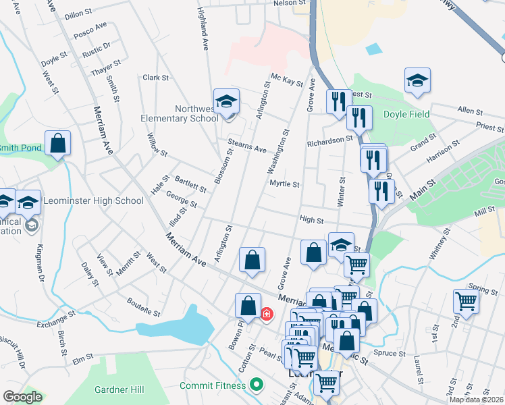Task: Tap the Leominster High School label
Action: (x=93, y=200)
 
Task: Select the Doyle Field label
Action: (x=406, y=115)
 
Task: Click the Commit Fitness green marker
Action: (x=256, y=385)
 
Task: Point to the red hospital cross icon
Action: (x=266, y=314)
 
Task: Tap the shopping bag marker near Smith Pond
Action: (x=58, y=144)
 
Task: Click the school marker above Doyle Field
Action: (x=418, y=81)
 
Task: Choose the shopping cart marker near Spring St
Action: (x=466, y=302)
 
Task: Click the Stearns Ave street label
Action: (x=247, y=147)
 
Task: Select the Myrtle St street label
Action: (x=284, y=184)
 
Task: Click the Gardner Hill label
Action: (x=119, y=389)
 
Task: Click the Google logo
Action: (x=22, y=397)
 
